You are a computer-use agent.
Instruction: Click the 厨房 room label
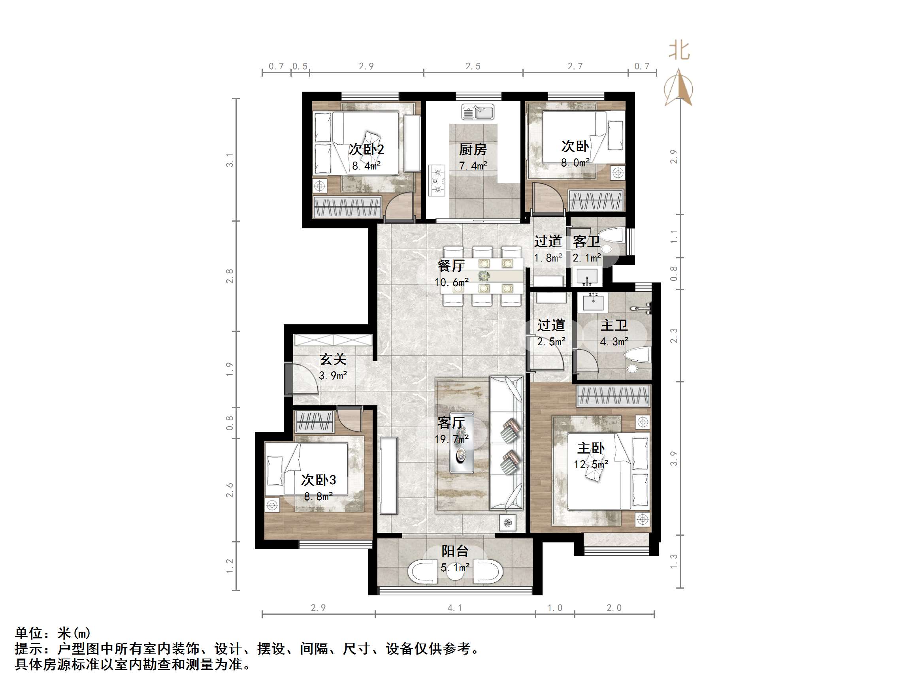pos(473,149)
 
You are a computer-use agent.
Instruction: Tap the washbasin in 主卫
pos(595,302)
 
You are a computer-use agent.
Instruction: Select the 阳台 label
pos(455,551)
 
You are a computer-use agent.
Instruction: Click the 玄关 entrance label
pos(333,359)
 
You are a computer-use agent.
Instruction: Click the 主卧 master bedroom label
pos(591,448)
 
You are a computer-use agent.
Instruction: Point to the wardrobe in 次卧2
pos(347,207)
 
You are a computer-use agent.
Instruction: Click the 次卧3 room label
pos(318,480)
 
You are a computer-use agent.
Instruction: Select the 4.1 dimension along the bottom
pos(455,608)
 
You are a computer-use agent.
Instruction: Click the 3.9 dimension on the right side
pos(674,458)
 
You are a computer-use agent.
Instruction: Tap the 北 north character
pos(679,51)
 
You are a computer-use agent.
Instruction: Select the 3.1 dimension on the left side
pos(230,160)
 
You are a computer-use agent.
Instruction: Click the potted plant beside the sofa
pos(508,523)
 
